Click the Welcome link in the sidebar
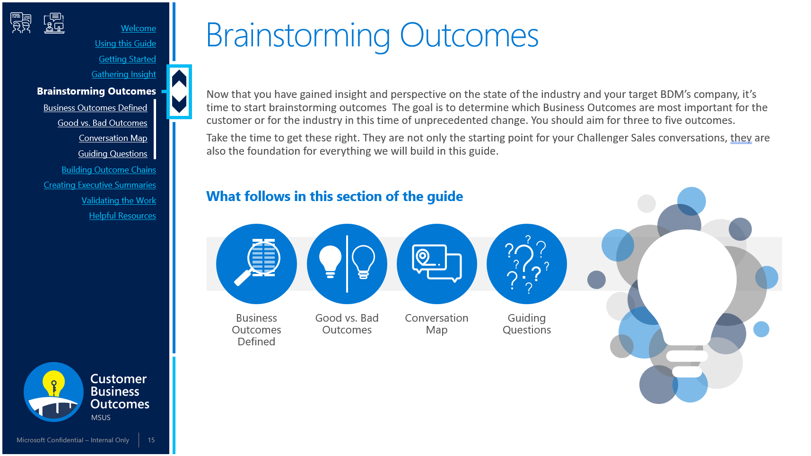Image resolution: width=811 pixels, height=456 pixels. pyautogui.click(x=138, y=28)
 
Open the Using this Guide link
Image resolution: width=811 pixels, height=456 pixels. pyautogui.click(x=125, y=44)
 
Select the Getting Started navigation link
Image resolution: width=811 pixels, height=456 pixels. pyautogui.click(x=127, y=59)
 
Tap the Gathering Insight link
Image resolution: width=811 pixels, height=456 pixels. pyautogui.click(x=123, y=74)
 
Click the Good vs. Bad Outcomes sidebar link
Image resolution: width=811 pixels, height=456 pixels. pyautogui.click(x=102, y=123)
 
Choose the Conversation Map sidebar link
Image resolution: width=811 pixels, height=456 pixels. pyautogui.click(x=113, y=138)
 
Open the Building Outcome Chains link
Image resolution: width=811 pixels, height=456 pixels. pyautogui.click(x=109, y=170)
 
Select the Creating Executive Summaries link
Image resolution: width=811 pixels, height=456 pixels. pyautogui.click(x=100, y=185)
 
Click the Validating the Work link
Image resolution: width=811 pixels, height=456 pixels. pyautogui.click(x=119, y=201)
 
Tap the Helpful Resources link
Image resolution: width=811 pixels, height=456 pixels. pyautogui.click(x=122, y=216)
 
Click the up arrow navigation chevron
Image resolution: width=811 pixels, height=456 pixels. pyautogui.click(x=179, y=79)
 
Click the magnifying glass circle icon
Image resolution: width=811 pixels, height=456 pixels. pyautogui.click(x=256, y=264)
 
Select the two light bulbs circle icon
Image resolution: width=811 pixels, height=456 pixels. pyautogui.click(x=347, y=264)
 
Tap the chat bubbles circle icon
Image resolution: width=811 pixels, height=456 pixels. pyautogui.click(x=437, y=264)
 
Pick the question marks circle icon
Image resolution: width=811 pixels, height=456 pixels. pyautogui.click(x=527, y=264)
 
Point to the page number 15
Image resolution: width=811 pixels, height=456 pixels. pyautogui.click(x=151, y=440)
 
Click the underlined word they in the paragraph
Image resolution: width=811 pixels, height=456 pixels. pyautogui.click(x=741, y=138)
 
